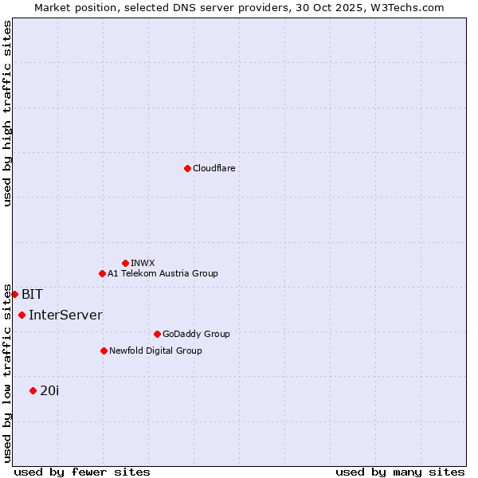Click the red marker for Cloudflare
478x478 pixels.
point(187,168)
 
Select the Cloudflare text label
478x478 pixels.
point(214,168)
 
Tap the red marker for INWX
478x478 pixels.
point(125,263)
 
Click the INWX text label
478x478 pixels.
point(143,263)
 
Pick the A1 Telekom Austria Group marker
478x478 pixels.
point(102,273)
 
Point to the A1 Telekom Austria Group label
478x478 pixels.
point(163,273)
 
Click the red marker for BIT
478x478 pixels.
point(14,294)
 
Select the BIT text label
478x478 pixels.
point(32,294)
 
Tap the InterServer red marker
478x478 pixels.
point(22,315)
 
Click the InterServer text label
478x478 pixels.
point(65,315)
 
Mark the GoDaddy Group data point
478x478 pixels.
point(157,334)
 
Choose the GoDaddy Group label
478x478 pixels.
point(196,334)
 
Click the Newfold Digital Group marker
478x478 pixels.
point(104,351)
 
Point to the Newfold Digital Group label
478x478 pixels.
point(155,351)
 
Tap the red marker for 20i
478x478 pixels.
point(33,390)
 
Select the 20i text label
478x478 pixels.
point(49,390)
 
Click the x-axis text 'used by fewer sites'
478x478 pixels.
point(82,472)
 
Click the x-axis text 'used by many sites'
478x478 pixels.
point(400,472)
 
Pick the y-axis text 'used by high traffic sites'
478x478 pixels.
point(7,113)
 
